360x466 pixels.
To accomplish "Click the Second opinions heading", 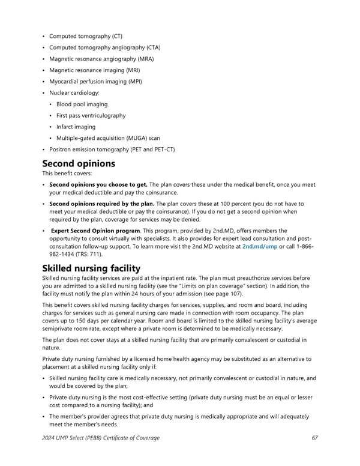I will click(79, 163).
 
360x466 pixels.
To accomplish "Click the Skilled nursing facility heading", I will click(100, 268).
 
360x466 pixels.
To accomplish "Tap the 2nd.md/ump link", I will click(259, 246).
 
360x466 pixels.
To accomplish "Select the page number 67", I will click(315, 438).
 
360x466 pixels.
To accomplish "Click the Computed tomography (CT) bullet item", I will click(85, 36).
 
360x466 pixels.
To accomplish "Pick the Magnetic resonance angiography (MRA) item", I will click(101, 59).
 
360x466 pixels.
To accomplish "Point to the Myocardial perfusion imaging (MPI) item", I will click(95, 82).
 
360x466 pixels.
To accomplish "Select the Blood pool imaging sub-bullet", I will click(82, 104).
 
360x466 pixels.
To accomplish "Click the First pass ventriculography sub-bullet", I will click(91, 115).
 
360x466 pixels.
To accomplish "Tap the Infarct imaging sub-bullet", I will click(76, 127).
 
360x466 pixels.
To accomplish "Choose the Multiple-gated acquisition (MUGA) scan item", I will click(108, 138).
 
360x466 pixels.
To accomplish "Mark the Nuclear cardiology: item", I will click(74, 93).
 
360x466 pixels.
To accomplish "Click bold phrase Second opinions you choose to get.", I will click(98, 185).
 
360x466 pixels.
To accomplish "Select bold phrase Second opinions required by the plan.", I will click(101, 204).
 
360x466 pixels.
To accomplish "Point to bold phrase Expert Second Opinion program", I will click(95, 231).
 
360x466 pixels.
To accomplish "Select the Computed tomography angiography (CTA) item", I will click(104, 47).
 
